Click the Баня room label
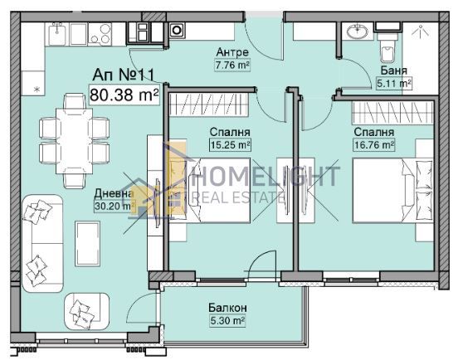click(393, 71)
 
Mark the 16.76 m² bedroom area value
click(373, 144)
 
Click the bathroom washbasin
click(358, 31)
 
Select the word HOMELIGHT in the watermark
click(266, 177)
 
